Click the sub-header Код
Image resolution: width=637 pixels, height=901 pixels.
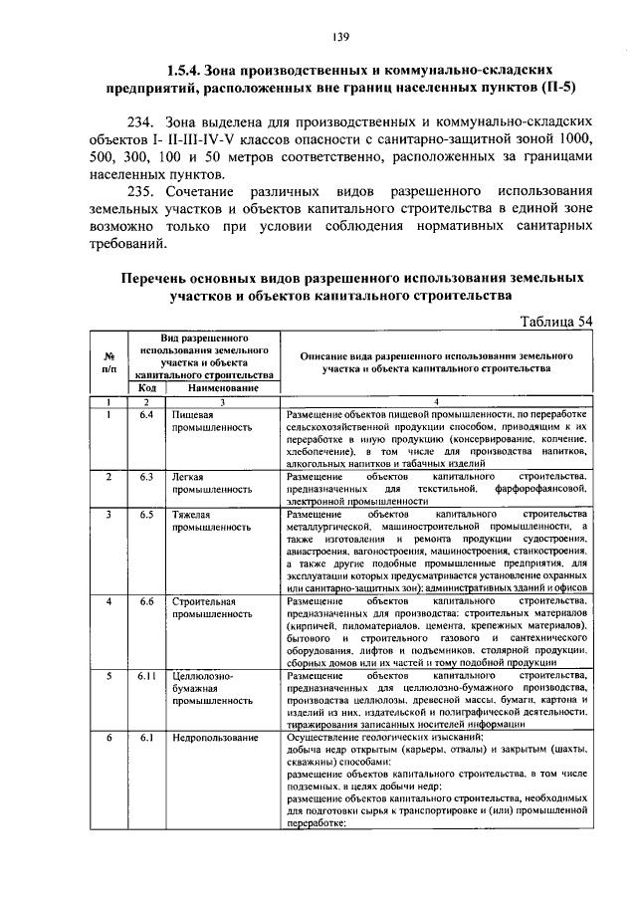pyautogui.click(x=145, y=388)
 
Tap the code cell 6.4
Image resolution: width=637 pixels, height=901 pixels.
pyautogui.click(x=145, y=414)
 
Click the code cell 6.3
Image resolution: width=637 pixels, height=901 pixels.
pyautogui.click(x=145, y=477)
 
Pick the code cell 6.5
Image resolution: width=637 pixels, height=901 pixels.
pyautogui.click(x=145, y=515)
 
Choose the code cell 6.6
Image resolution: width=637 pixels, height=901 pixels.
pyautogui.click(x=145, y=602)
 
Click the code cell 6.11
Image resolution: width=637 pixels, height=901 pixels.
pyautogui.click(x=145, y=676)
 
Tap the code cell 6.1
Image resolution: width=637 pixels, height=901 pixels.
pyautogui.click(x=145, y=739)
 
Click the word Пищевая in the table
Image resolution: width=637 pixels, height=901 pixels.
pyautogui.click(x=192, y=414)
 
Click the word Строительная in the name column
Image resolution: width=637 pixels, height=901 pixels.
pyautogui.click(x=203, y=602)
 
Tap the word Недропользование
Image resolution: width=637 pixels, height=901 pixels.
pyautogui.click(x=214, y=739)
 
